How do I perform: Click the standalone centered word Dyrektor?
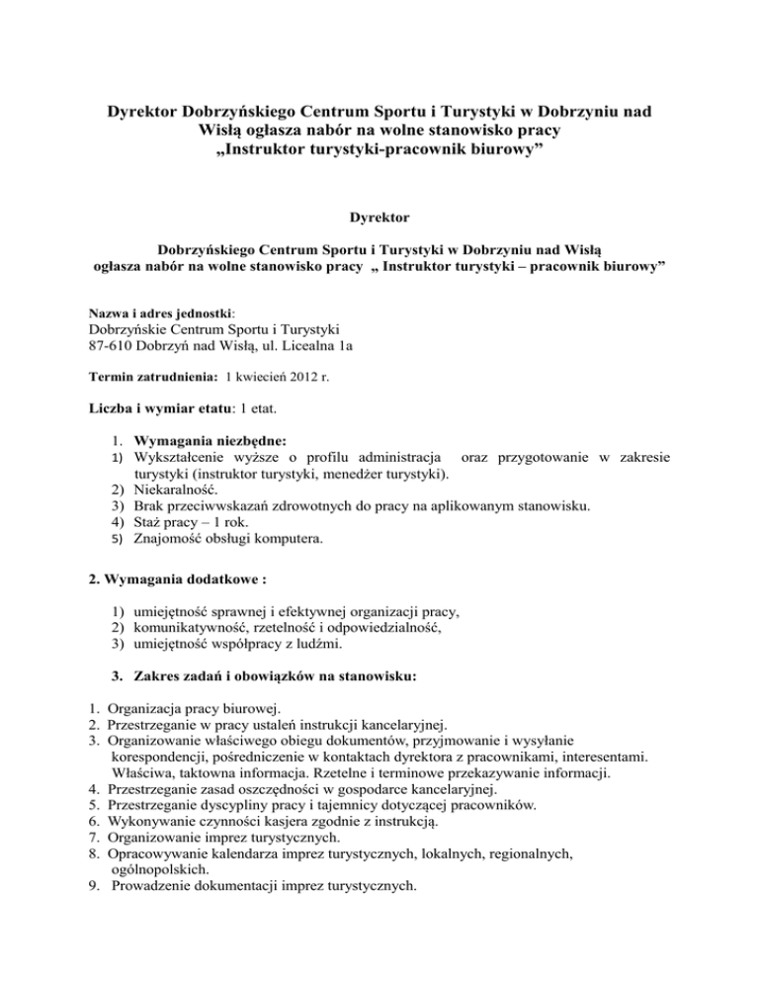tap(379, 213)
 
